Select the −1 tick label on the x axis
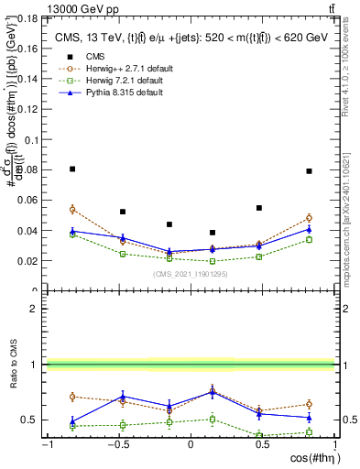pyautogui.click(x=46, y=445)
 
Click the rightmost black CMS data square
pyautogui.click(x=310, y=170)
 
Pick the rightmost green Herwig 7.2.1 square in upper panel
pyautogui.click(x=310, y=240)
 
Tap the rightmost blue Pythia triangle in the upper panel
pyautogui.click(x=310, y=229)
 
